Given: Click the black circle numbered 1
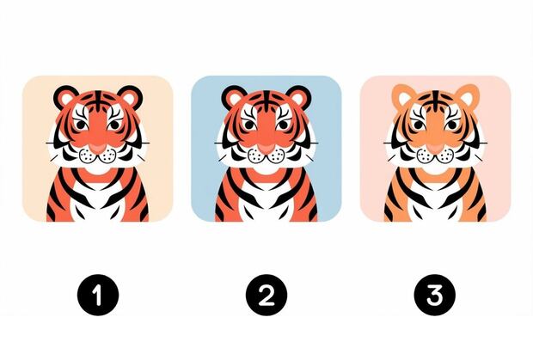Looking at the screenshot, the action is click(x=98, y=295).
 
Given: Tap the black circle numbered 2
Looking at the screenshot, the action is click(x=266, y=295).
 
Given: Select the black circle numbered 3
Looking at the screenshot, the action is click(x=435, y=295).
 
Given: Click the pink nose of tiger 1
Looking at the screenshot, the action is click(x=98, y=149).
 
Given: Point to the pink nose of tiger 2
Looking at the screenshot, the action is click(x=266, y=149).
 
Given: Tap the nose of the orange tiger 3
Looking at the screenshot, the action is click(x=434, y=149).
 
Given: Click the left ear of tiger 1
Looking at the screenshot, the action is click(x=66, y=97).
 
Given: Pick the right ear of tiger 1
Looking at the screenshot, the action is click(x=130, y=97).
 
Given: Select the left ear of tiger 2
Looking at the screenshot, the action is click(x=234, y=97).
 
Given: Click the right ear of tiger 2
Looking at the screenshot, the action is click(x=297, y=97).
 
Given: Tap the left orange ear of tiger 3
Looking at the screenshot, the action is click(x=404, y=96).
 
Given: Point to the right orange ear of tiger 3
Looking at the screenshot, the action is click(x=467, y=96).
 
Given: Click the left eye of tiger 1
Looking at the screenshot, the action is click(x=81, y=125).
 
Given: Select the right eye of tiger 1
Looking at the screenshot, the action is click(x=113, y=125).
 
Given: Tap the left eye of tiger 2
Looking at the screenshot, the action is click(x=249, y=125).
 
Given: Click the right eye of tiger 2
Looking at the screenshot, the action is click(x=282, y=125).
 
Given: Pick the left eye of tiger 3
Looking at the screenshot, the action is click(x=418, y=125).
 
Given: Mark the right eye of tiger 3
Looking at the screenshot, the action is click(x=451, y=125).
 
